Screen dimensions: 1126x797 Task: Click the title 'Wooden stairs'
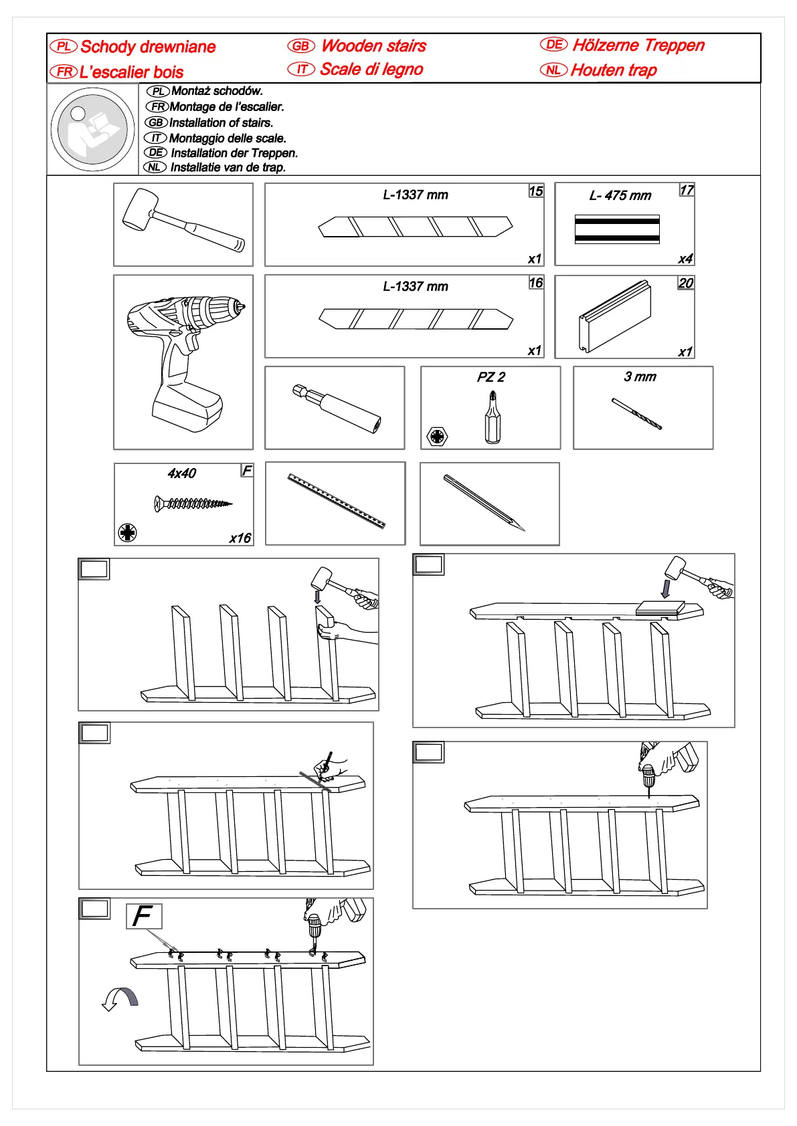coord(373,46)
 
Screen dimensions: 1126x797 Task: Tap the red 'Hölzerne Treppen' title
coord(638,45)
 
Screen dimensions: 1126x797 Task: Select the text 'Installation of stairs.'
coord(221,123)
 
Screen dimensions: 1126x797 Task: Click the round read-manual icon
coord(92,130)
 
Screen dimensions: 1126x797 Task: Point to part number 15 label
coord(536,191)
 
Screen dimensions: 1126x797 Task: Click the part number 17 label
coord(687,191)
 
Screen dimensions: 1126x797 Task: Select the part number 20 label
coord(686,283)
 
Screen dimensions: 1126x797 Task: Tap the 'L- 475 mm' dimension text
coord(620,196)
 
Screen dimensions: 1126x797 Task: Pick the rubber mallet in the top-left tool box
coord(183,221)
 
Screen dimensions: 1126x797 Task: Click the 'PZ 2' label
coord(491,377)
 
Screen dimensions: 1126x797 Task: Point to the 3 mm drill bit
coord(636,413)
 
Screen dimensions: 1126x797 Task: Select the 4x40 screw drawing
coord(193,503)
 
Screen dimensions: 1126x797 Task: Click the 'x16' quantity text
coord(240,538)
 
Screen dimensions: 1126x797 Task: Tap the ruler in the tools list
coord(336,501)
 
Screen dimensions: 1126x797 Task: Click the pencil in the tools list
coord(483,502)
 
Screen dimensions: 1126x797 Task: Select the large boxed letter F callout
coord(144,915)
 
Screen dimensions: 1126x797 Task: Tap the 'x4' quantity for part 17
coord(685,259)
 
